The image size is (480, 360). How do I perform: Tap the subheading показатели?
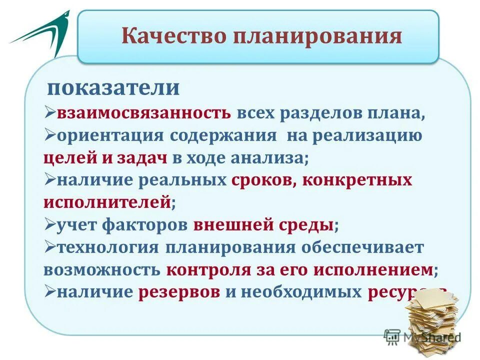[113, 88]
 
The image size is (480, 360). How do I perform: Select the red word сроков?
[263, 180]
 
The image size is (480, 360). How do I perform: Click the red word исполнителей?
[107, 202]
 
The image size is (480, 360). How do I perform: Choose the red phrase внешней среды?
[263, 225]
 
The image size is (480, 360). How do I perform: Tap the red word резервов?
[179, 292]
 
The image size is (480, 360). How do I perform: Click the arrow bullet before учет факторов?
[49, 225]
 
